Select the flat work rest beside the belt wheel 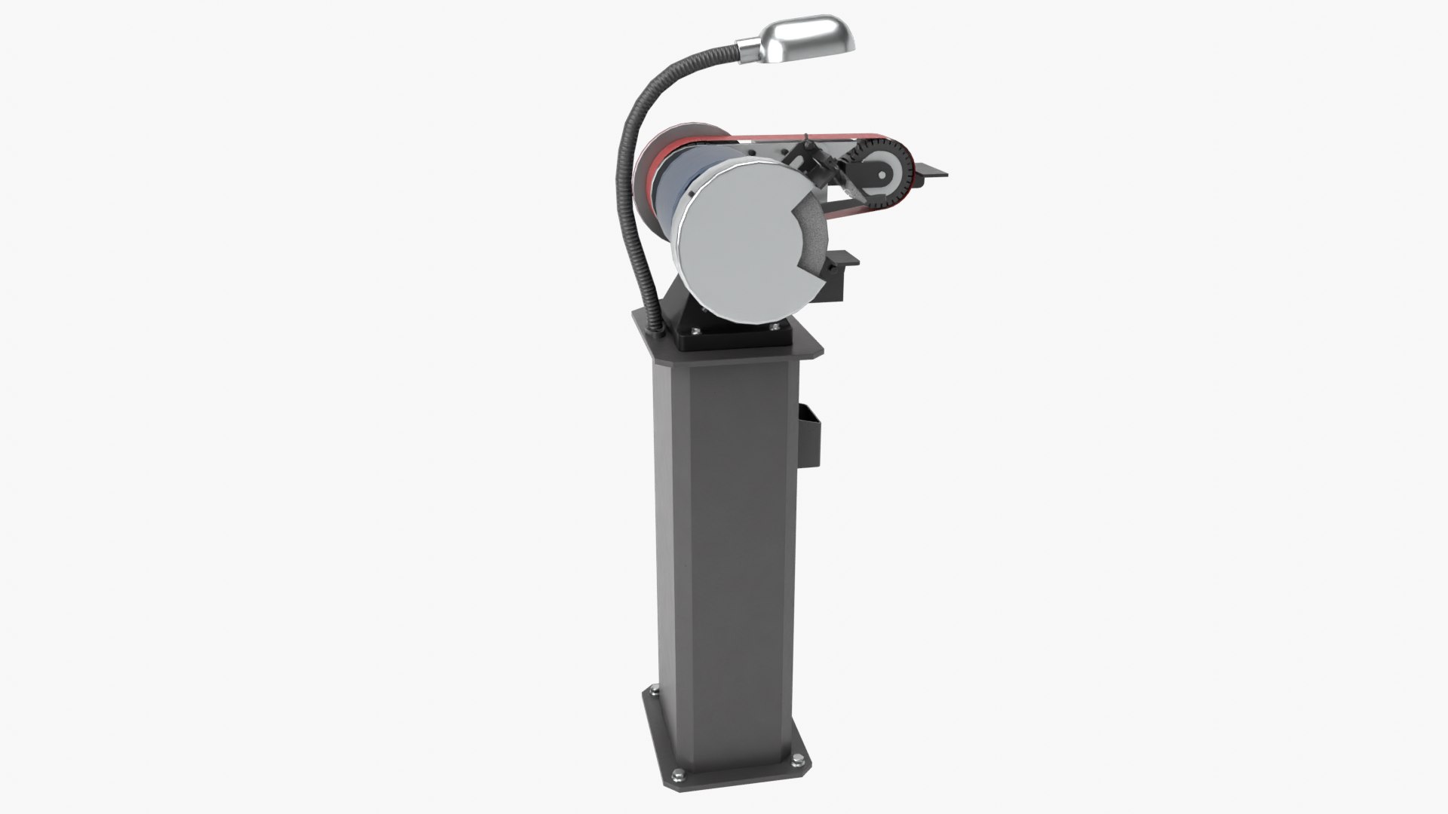coord(931,173)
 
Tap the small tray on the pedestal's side coord(808,436)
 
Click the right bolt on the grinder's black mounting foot coord(775,326)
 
